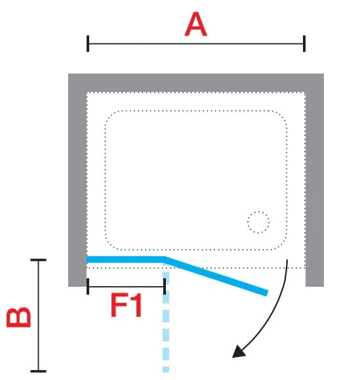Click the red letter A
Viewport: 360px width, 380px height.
click(x=195, y=24)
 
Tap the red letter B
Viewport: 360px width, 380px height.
click(x=19, y=317)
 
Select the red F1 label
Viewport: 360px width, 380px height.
click(x=126, y=305)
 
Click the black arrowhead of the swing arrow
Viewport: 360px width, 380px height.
click(x=239, y=351)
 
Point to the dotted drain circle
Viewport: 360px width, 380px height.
click(x=258, y=222)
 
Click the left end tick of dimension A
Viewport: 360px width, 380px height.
click(x=88, y=43)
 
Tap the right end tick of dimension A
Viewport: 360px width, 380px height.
click(x=304, y=43)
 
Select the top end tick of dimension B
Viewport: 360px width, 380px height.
click(x=38, y=260)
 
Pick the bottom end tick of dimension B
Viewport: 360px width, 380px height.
click(x=38, y=371)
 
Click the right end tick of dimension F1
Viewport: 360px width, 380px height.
click(x=165, y=286)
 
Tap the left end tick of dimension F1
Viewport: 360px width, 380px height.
click(x=88, y=286)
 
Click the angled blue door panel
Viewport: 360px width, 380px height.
click(x=216, y=276)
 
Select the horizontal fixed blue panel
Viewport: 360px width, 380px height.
click(x=125, y=259)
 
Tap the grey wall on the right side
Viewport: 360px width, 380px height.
click(x=315, y=189)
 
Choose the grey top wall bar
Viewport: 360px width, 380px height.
click(x=196, y=83)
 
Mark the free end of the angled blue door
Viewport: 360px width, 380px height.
click(x=267, y=293)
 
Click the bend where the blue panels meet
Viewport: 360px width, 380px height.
click(x=165, y=259)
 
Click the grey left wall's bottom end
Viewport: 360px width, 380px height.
click(x=77, y=286)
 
